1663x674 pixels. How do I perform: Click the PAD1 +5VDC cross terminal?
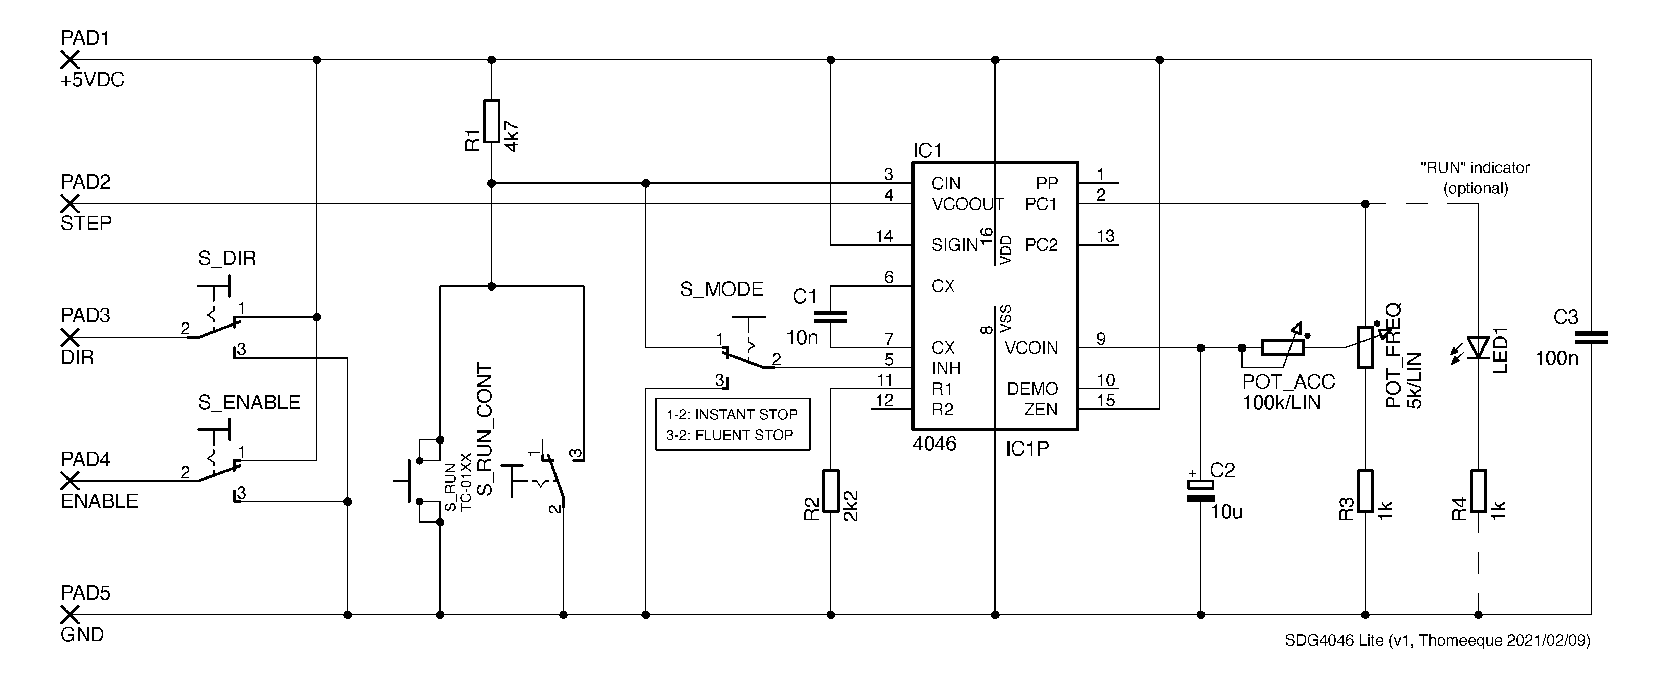(x=70, y=59)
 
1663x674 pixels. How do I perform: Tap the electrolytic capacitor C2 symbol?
(x=1201, y=491)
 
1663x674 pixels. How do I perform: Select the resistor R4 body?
(x=1478, y=491)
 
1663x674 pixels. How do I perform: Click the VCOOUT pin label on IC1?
(x=967, y=204)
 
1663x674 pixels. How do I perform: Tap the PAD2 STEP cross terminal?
(x=70, y=204)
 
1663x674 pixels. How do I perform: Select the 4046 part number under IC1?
(x=934, y=444)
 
